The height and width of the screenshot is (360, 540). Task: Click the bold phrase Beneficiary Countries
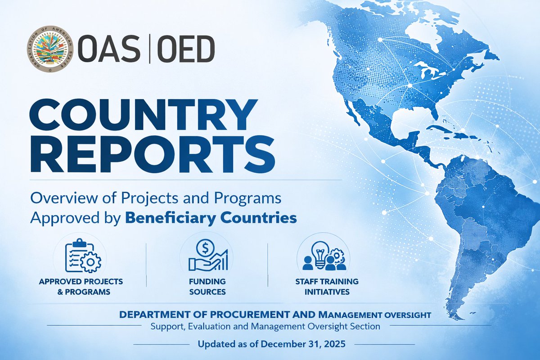tap(210, 218)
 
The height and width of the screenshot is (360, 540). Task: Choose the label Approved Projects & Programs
tap(81, 287)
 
